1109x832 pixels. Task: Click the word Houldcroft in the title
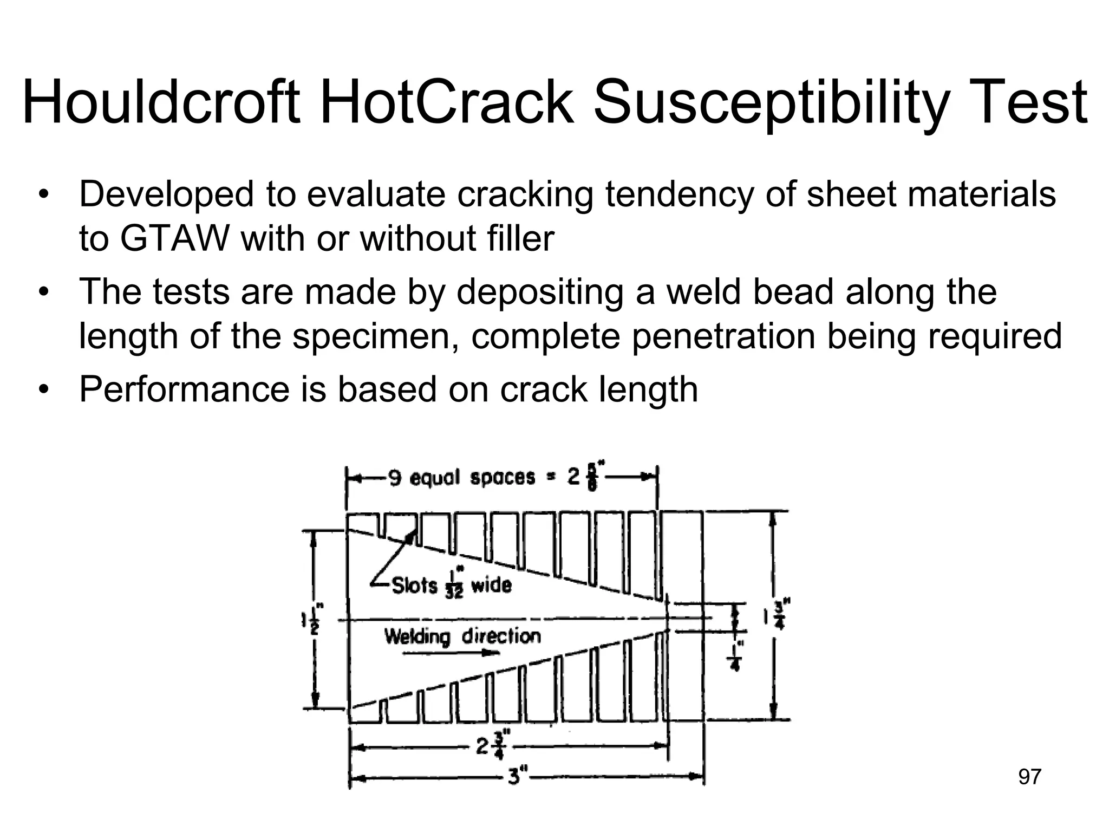161,102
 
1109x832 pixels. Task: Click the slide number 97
1029,777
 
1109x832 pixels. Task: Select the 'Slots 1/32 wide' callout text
451,586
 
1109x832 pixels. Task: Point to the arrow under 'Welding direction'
451,653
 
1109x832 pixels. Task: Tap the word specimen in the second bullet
376,336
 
